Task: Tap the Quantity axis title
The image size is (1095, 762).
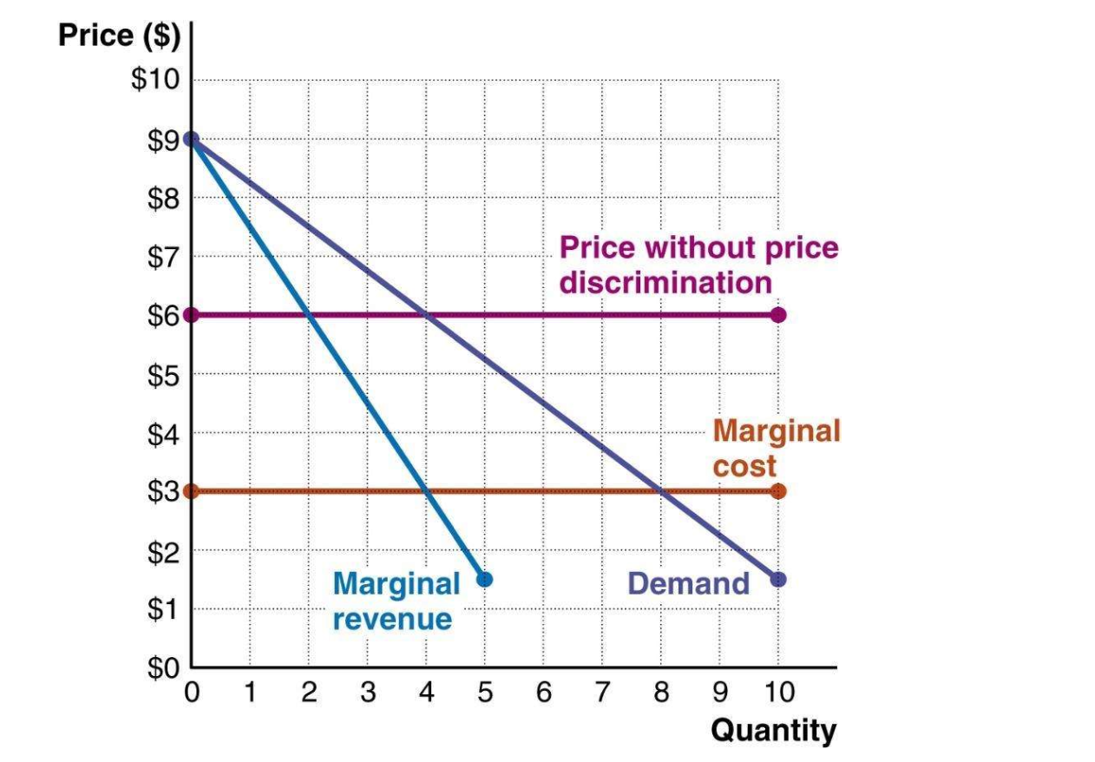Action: click(773, 730)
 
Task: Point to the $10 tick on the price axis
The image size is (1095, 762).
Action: click(154, 81)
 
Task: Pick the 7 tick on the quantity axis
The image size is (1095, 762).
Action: click(602, 693)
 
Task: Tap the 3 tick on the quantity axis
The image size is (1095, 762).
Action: click(368, 693)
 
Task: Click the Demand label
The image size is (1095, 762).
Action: click(688, 583)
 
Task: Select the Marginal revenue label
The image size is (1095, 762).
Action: click(396, 601)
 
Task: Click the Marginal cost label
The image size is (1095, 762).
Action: click(776, 447)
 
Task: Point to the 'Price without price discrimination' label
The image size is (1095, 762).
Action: click(698, 265)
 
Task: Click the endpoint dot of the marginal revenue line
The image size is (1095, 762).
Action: click(485, 579)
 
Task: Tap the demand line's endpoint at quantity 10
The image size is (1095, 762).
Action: click(778, 579)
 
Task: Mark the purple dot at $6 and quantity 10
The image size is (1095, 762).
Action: click(778, 315)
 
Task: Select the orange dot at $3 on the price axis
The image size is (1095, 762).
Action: click(192, 491)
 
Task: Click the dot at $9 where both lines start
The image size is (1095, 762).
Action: click(192, 139)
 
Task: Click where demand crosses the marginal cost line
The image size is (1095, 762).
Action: click(661, 491)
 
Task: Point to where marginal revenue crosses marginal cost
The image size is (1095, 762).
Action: click(426, 491)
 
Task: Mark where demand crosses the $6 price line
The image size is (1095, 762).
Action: click(426, 315)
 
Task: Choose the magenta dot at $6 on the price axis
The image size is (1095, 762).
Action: click(192, 315)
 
